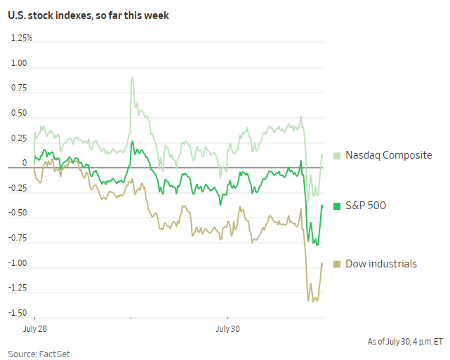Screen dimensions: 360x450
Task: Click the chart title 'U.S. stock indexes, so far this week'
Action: (x=89, y=15)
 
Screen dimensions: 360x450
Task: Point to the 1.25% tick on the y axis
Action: (x=22, y=38)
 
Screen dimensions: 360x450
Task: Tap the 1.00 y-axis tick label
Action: (x=18, y=63)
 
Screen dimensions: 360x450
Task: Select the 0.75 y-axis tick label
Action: (x=18, y=88)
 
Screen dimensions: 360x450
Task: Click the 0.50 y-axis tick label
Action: (x=18, y=113)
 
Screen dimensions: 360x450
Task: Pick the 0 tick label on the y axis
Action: (x=24, y=163)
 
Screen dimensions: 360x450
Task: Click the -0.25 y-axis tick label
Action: (x=17, y=188)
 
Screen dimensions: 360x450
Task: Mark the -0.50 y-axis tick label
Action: (x=17, y=213)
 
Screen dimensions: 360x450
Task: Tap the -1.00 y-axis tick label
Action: (x=17, y=263)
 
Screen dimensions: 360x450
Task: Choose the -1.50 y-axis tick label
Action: (x=17, y=313)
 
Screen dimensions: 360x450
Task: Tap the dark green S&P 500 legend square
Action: (x=336, y=206)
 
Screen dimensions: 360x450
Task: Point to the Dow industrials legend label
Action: (x=381, y=264)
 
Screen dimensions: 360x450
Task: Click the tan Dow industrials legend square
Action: (x=336, y=264)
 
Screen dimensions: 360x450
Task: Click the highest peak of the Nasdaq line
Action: (x=132, y=77)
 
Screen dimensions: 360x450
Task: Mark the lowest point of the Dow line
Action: (x=308, y=301)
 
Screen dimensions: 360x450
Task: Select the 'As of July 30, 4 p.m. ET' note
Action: (x=405, y=342)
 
